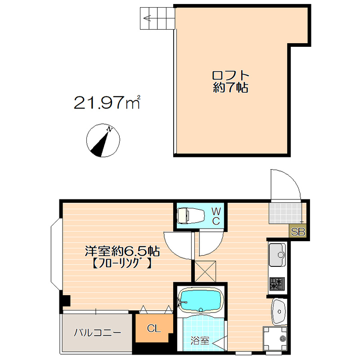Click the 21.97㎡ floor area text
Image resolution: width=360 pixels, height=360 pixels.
pyautogui.click(x=107, y=102)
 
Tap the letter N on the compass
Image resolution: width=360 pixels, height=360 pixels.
pyautogui.click(x=109, y=130)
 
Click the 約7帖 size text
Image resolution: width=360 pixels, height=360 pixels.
pyautogui.click(x=230, y=87)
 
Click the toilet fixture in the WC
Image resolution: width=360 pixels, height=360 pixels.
pyautogui.click(x=190, y=216)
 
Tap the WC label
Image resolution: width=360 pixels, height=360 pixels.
pyautogui.click(x=216, y=216)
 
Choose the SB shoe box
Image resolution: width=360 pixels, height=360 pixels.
pyautogui.click(x=298, y=232)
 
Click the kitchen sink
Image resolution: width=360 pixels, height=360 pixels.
pyautogui.click(x=277, y=255)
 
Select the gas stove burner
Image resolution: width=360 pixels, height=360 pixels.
pyautogui.click(x=277, y=284)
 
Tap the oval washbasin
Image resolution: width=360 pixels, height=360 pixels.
pyautogui.click(x=279, y=311)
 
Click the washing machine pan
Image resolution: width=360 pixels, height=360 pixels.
pyautogui.click(x=275, y=338)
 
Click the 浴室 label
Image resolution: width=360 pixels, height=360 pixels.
pyautogui.click(x=200, y=341)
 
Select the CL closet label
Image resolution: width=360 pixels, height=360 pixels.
pyautogui.click(x=153, y=329)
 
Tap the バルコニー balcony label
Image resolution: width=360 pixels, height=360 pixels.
pyautogui.click(x=97, y=333)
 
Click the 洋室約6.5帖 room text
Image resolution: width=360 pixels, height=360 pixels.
pyautogui.click(x=122, y=251)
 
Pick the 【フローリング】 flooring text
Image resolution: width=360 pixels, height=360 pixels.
pyautogui.click(x=122, y=263)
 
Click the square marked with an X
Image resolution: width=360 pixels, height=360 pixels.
pyautogui.click(x=205, y=271)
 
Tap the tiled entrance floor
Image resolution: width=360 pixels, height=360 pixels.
pyautogui.click(x=285, y=213)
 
